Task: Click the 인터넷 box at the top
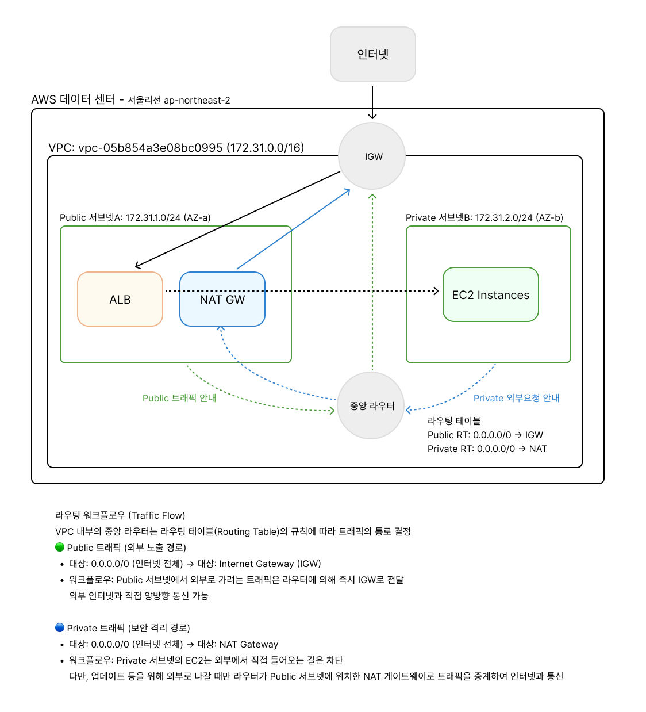click(372, 54)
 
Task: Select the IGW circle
click(372, 156)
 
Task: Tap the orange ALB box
click(120, 299)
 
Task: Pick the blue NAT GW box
click(222, 299)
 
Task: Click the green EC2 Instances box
click(491, 294)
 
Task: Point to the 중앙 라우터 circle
click(371, 405)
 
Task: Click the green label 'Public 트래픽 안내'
click(179, 398)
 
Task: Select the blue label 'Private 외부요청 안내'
click(517, 398)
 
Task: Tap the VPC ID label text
click(176, 148)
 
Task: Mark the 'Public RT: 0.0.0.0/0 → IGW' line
click(485, 435)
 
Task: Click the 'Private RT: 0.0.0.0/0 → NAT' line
click(487, 449)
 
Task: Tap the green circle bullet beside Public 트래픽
click(60, 546)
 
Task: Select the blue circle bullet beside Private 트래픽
click(60, 627)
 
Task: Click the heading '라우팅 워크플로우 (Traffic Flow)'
click(120, 515)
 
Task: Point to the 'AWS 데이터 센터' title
click(74, 99)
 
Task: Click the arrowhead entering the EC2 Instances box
click(437, 291)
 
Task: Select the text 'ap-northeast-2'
click(197, 101)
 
